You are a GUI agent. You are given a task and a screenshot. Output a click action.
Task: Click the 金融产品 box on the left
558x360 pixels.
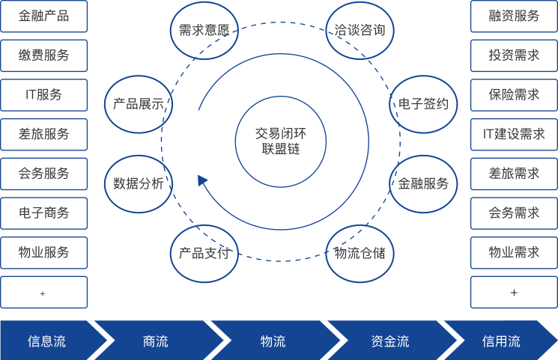43,16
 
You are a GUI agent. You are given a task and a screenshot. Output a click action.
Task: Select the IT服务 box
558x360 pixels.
43,95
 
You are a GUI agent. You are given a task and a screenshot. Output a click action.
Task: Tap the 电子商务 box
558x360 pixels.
43,213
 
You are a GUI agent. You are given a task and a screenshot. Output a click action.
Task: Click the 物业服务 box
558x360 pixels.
43,252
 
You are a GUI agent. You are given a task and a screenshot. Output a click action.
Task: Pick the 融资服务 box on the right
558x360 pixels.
514,16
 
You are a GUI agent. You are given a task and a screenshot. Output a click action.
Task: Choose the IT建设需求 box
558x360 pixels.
514,134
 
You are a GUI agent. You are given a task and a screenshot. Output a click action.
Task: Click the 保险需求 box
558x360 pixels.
514,95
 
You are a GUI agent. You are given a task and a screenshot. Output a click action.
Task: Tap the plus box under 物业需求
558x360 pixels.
514,292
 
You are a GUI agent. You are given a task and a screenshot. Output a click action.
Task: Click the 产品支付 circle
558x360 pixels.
204,253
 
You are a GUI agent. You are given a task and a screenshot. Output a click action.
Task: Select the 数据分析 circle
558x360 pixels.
139,183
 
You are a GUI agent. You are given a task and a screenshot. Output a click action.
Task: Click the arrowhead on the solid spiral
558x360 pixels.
201,180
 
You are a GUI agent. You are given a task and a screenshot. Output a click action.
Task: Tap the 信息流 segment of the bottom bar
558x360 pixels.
46,341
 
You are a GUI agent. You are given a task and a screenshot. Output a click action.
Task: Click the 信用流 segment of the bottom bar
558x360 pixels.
500,341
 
